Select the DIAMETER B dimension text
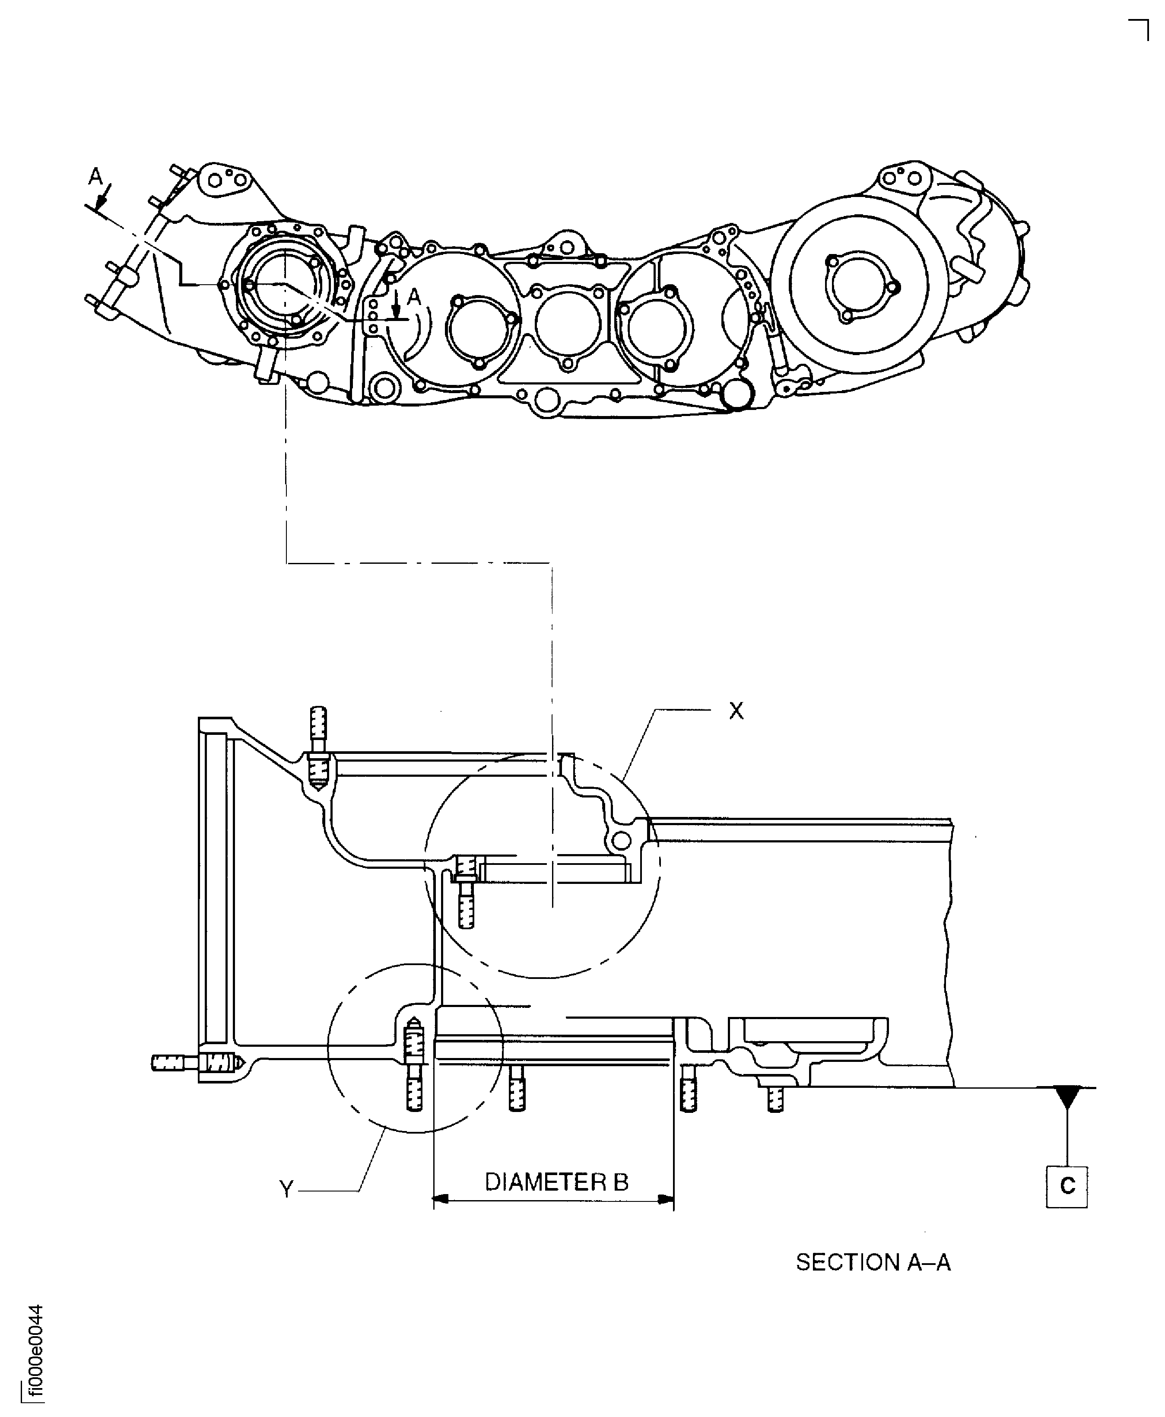click(556, 1182)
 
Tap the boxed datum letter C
click(1067, 1187)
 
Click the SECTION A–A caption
click(873, 1263)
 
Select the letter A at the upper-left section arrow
click(96, 177)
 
